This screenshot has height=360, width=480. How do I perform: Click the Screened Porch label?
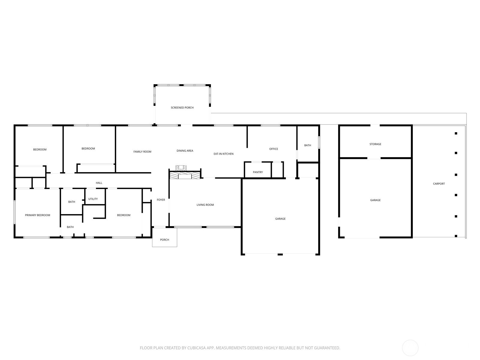(182, 107)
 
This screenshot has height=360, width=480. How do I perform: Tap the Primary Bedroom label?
(37, 215)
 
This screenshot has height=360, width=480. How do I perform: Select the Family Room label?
(142, 151)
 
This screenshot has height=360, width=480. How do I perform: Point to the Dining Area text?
(185, 151)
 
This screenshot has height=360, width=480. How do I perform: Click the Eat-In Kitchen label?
(223, 154)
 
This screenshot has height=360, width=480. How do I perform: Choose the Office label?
(274, 149)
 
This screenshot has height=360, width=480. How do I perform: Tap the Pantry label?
(258, 172)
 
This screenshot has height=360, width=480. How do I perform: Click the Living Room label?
(205, 205)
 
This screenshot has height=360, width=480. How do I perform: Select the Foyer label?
(161, 199)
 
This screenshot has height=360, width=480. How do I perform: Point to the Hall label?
(99, 183)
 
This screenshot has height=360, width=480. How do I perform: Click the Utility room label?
(93, 199)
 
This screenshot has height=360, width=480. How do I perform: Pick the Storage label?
(375, 144)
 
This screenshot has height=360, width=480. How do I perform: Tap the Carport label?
(439, 184)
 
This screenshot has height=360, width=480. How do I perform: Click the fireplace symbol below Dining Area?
(185, 172)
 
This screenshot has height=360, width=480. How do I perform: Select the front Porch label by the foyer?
(164, 240)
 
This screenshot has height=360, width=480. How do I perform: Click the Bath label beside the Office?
(307, 145)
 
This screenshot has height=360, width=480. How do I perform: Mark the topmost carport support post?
(456, 133)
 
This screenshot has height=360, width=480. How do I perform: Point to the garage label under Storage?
(375, 200)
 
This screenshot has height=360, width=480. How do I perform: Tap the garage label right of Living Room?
(280, 219)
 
